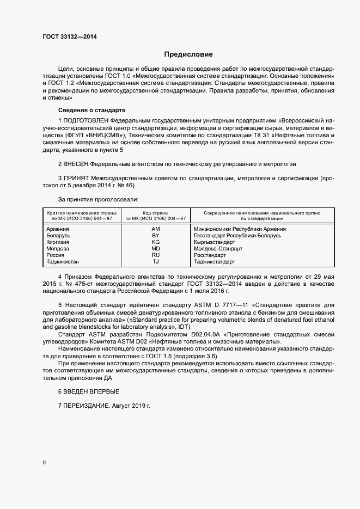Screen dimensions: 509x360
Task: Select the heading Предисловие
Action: [x=188, y=54]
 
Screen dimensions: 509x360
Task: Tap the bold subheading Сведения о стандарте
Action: [x=79, y=110]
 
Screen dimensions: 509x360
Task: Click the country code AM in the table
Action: [x=155, y=229]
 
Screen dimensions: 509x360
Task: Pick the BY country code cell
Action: [x=155, y=236]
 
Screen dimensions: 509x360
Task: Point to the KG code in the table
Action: [x=155, y=242]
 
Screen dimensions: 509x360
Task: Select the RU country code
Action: [x=155, y=255]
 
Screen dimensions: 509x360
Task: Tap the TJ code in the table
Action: [x=155, y=262]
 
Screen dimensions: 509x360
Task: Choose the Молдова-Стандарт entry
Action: [x=218, y=249]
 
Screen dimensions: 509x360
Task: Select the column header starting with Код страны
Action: [x=155, y=216]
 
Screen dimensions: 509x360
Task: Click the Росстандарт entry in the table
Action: [x=210, y=255]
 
